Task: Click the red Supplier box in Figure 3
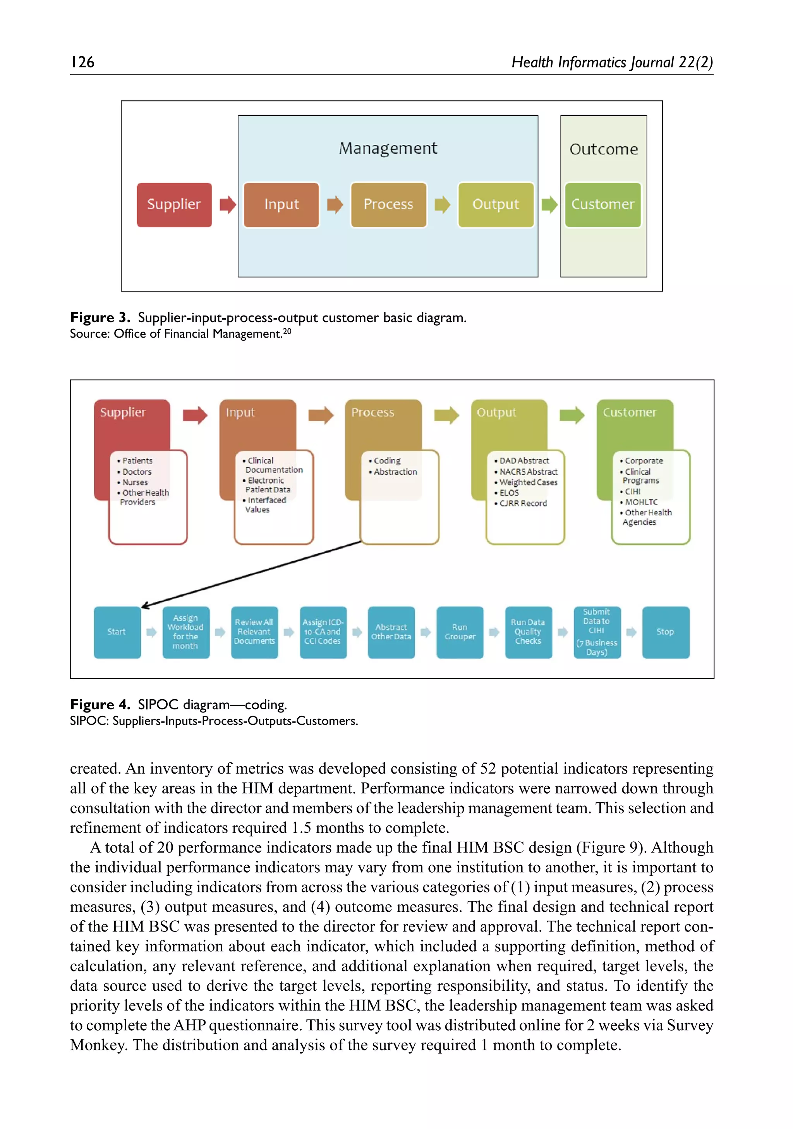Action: [174, 204]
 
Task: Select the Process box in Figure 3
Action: [388, 204]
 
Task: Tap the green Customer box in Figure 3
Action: [603, 204]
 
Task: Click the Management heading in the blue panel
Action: [388, 148]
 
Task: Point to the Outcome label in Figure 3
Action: [603, 149]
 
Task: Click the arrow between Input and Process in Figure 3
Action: [335, 204]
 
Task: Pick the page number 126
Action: [82, 62]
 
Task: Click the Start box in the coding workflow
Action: [117, 632]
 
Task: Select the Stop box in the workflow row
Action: [665, 632]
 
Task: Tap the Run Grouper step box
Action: [460, 632]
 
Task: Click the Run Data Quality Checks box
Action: [528, 632]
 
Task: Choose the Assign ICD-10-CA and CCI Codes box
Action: [323, 632]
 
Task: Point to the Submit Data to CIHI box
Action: [597, 632]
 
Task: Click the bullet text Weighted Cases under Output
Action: [529, 482]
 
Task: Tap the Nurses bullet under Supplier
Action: [135, 482]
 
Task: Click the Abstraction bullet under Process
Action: [395, 472]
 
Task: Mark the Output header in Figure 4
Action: [496, 413]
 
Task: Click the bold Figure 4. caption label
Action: [100, 705]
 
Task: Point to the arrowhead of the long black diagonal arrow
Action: [144, 607]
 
